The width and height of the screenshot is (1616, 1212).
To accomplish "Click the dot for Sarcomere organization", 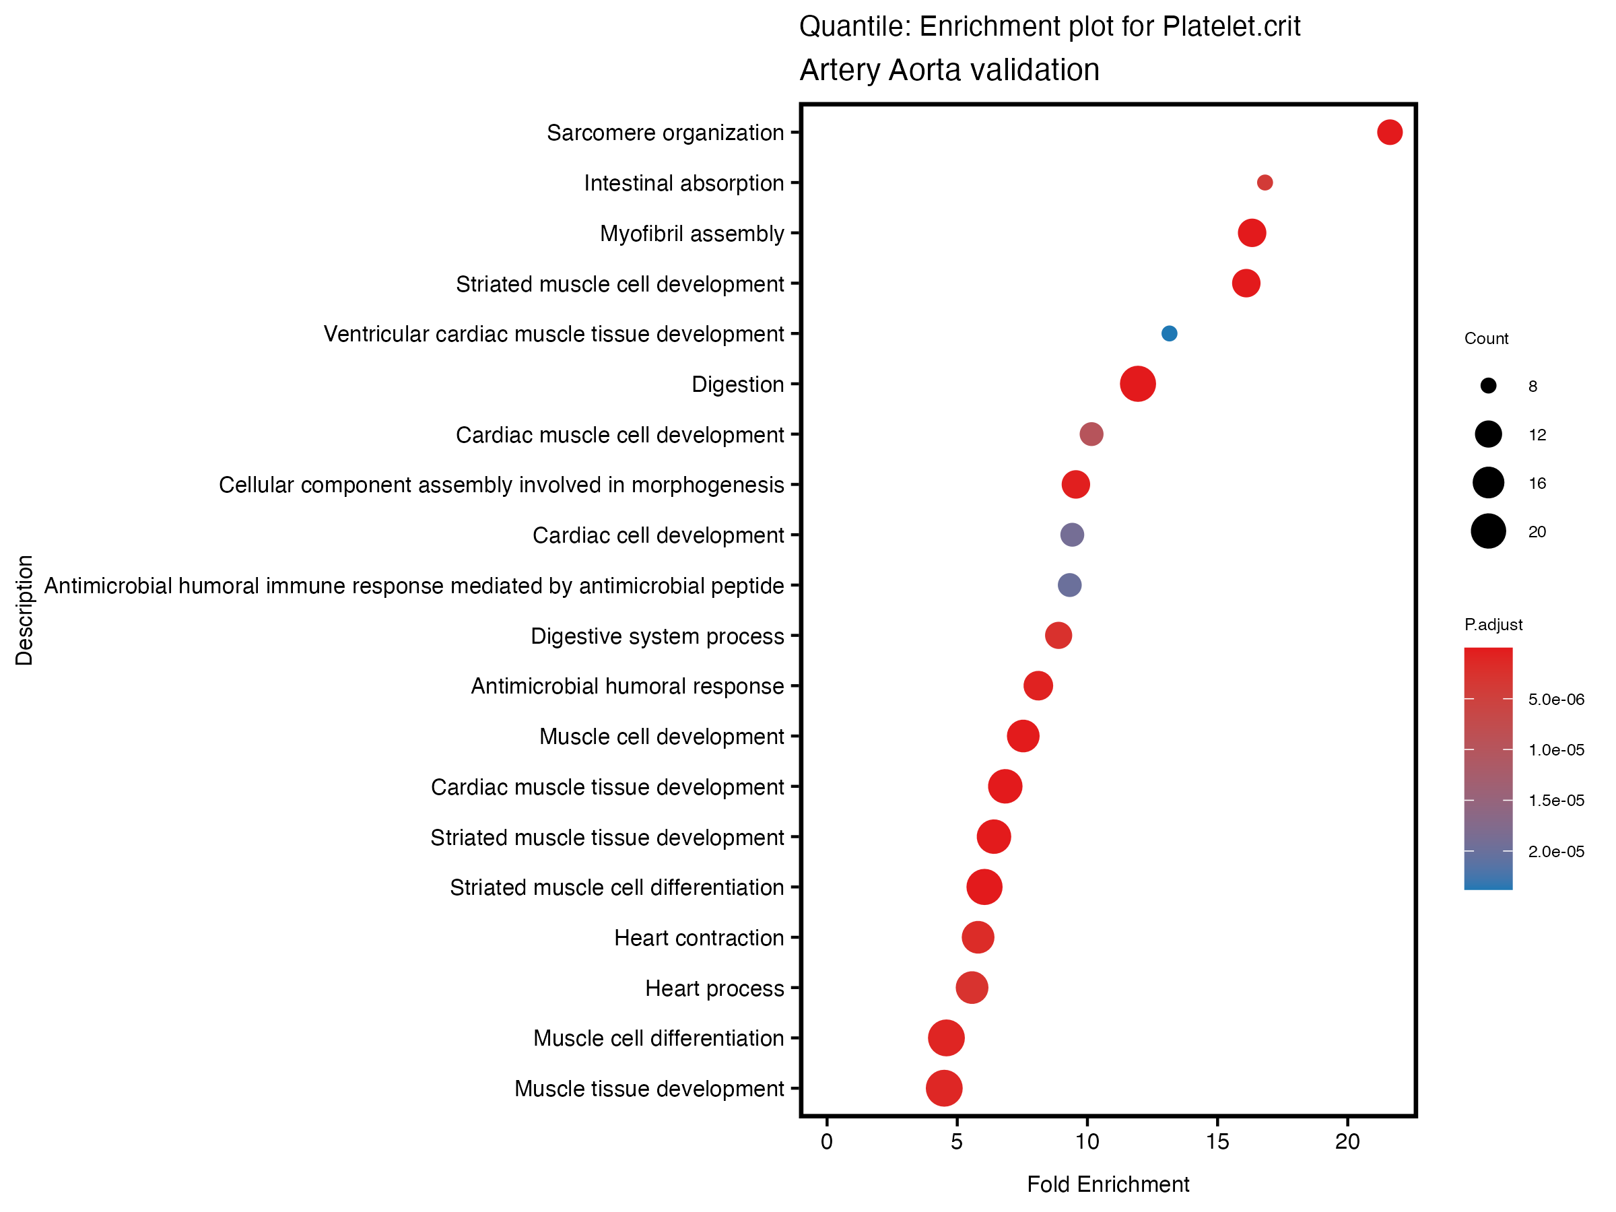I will click(x=1389, y=132).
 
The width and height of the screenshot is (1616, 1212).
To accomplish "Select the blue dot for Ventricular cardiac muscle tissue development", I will click(x=1169, y=333).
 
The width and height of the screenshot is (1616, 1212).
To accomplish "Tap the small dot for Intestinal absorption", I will click(x=1265, y=182).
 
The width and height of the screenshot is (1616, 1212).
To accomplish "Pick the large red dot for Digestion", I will click(x=1137, y=384).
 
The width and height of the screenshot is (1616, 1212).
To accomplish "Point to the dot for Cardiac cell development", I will click(x=1072, y=535).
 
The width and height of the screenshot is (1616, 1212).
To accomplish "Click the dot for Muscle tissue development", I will click(x=944, y=1088).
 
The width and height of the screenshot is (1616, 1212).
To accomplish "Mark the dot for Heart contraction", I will click(x=978, y=937).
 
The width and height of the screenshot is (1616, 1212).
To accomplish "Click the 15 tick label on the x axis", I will click(x=1217, y=1142).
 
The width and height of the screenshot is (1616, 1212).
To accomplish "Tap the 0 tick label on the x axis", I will click(x=826, y=1142).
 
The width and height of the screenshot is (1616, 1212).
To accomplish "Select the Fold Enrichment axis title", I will click(x=1108, y=1184).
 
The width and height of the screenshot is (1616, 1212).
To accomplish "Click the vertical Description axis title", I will click(x=24, y=610).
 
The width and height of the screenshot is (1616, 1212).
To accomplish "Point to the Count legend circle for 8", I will click(x=1488, y=386).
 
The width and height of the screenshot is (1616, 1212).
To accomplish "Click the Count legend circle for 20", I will click(x=1488, y=531).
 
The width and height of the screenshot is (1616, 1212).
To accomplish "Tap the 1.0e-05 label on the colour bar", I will click(x=1556, y=750).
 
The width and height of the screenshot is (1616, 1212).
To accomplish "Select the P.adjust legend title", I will click(x=1493, y=625).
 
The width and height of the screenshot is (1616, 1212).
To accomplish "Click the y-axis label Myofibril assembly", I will click(x=691, y=234).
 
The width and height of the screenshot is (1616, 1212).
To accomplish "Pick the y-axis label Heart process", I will click(x=714, y=988).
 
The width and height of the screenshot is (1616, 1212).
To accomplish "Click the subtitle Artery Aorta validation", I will click(x=949, y=70).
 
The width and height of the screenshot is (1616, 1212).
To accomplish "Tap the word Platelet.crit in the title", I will click(x=1231, y=26).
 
